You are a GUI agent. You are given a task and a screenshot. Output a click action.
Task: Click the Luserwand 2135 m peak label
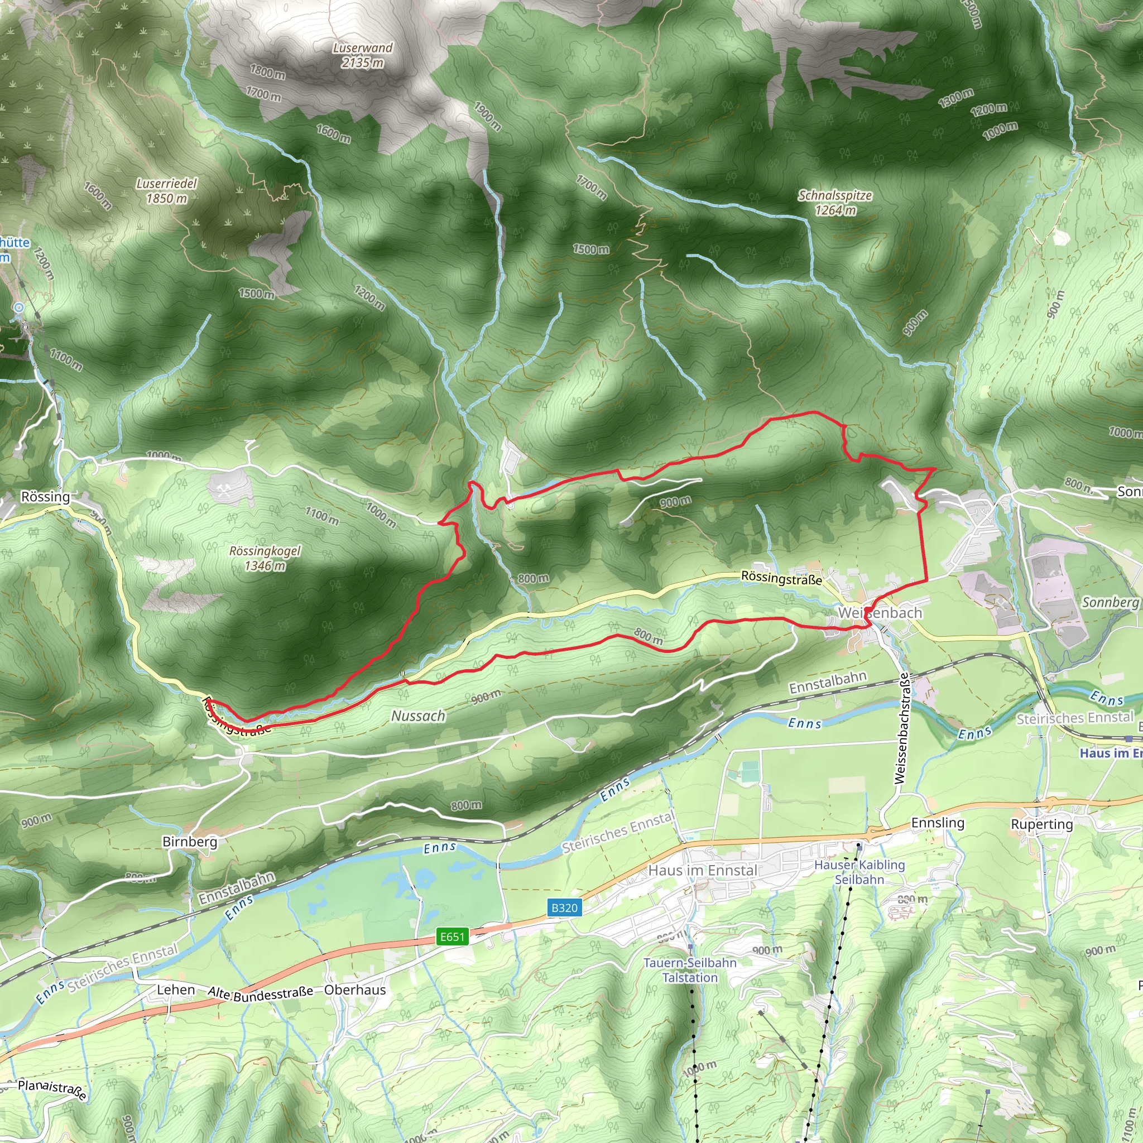point(362,55)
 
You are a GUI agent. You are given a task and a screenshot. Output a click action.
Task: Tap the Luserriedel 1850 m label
point(167,191)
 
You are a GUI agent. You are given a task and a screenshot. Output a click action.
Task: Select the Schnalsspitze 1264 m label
point(835,203)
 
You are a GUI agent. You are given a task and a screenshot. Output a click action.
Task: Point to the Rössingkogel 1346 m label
point(265,558)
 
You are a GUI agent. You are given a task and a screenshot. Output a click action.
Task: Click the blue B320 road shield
point(564,907)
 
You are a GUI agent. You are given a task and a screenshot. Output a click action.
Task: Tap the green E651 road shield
point(453,937)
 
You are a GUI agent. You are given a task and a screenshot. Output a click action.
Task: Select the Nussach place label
point(418,716)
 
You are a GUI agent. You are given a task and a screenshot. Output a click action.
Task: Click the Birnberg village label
point(189,841)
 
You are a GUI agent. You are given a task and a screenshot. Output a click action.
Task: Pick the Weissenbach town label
point(880,613)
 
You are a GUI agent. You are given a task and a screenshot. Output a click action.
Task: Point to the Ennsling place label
point(938,823)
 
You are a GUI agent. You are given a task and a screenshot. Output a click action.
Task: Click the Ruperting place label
point(1042,824)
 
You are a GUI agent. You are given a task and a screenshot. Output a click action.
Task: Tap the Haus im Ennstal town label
point(702,870)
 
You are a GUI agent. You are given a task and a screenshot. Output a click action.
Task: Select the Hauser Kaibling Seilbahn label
point(859,872)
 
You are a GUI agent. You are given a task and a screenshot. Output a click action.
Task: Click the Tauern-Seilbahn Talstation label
point(690,969)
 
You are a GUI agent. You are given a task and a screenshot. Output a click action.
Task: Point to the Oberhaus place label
point(355,990)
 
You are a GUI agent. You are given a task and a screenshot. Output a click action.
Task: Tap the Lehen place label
point(176,990)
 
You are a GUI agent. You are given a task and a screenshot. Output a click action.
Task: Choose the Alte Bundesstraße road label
point(260,994)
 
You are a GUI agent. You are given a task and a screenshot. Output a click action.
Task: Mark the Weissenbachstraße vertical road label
point(902,729)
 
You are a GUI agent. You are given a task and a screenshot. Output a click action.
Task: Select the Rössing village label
point(46,496)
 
